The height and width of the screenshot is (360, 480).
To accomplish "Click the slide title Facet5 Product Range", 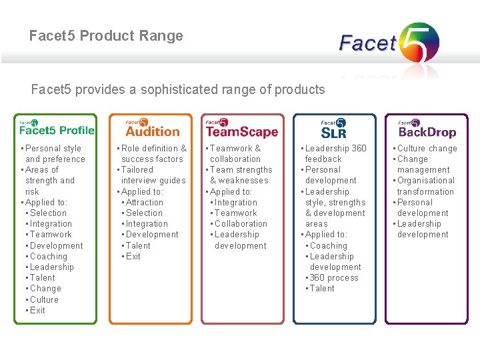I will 106,36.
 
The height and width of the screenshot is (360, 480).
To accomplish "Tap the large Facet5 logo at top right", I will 389,43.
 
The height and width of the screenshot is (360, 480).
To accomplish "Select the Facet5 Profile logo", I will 56,127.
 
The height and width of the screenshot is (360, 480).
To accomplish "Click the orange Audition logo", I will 152,127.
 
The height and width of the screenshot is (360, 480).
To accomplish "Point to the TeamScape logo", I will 241,127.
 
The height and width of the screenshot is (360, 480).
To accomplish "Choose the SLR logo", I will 333,127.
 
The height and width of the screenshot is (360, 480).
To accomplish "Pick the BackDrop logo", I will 427,127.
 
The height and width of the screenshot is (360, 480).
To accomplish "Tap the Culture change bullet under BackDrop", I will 427,148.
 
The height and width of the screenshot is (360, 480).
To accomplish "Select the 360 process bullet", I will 334,277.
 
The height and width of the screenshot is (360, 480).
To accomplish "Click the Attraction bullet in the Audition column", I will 144,202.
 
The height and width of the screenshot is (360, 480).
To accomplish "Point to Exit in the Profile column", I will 37,310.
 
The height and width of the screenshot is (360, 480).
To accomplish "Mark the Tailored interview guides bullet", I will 153,175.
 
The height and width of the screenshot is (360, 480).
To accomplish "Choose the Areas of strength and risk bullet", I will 49,180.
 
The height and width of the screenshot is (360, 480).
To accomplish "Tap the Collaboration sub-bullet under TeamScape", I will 241,223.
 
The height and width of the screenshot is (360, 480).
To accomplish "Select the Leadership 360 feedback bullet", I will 335,153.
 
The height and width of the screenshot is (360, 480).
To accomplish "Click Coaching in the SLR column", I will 329,245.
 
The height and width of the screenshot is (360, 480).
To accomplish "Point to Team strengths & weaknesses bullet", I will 240,175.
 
